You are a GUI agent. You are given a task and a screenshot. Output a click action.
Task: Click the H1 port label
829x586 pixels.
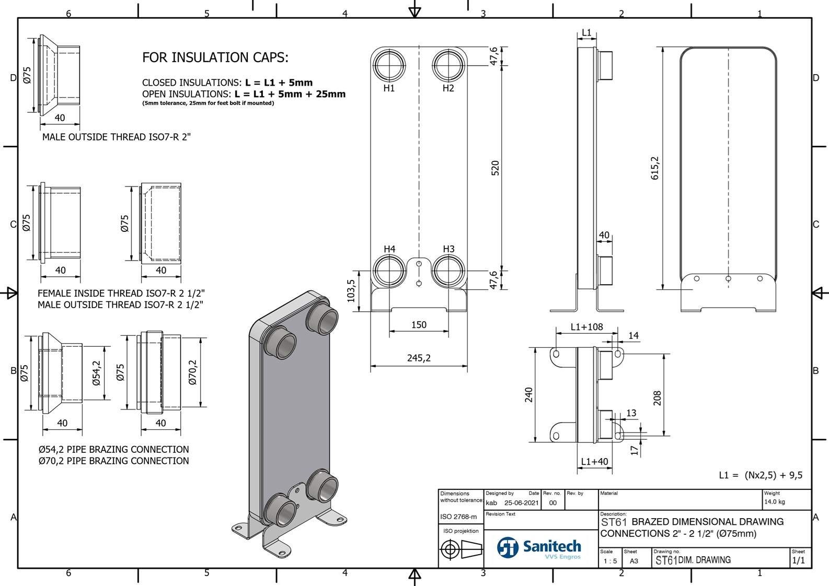click(x=389, y=88)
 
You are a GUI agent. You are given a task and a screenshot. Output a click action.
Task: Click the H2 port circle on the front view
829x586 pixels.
click(x=448, y=65)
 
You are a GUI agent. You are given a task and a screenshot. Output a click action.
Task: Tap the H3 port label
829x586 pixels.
click(x=448, y=249)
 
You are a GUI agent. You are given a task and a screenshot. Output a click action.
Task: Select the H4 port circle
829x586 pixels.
click(x=389, y=271)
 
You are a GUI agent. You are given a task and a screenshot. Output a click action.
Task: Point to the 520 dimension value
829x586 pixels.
click(x=495, y=168)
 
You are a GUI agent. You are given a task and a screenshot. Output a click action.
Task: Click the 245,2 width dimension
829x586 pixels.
click(x=419, y=358)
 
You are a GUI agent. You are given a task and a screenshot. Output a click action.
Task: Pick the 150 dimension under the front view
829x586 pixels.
click(x=419, y=325)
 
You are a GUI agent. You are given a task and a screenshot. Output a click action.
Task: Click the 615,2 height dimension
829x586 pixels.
click(x=655, y=168)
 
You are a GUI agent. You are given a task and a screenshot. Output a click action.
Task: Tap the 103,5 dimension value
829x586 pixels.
click(x=351, y=290)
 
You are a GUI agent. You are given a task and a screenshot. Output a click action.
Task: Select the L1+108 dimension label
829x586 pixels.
click(x=586, y=327)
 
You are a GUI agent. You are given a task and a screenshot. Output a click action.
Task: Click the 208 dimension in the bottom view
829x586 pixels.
click(x=657, y=398)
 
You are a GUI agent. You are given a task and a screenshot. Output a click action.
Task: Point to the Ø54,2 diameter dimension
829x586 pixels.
click(x=96, y=373)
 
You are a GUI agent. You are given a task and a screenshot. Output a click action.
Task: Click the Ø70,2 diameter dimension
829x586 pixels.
click(x=192, y=372)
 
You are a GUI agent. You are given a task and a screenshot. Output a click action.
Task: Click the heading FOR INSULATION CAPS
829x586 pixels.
click(x=215, y=57)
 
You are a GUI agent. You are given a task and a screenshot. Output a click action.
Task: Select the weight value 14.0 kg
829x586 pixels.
click(x=774, y=502)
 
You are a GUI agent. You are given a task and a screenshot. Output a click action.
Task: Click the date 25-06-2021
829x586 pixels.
click(x=521, y=503)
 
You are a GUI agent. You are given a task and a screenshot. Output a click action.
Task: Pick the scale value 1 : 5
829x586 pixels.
click(x=610, y=561)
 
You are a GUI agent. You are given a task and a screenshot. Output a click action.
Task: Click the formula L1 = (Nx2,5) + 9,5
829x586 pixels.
click(x=761, y=475)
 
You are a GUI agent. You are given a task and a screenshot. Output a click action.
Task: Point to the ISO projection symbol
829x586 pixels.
click(x=460, y=549)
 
